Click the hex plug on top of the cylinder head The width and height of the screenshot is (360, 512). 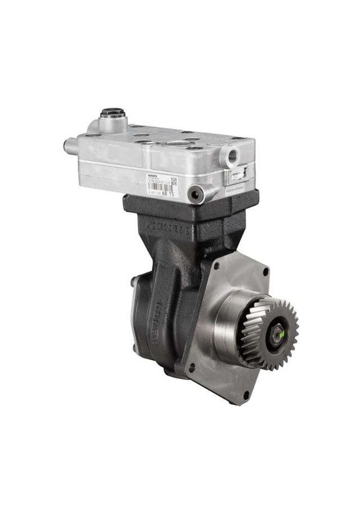[x=112, y=113]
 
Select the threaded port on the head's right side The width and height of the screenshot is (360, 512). [x=230, y=157]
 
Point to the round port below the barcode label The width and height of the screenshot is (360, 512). [x=195, y=192]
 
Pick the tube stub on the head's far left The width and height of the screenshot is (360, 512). [x=70, y=145]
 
